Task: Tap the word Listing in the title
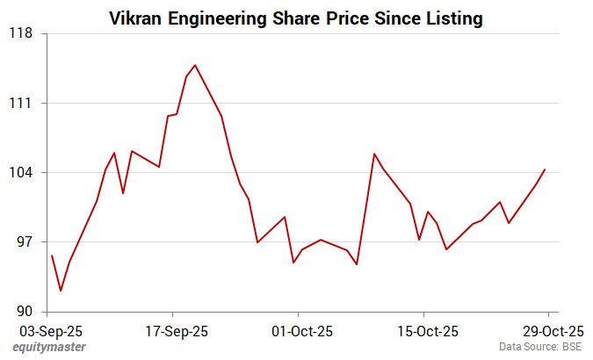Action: (452, 18)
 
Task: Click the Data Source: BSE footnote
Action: (540, 348)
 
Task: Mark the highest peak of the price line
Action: (195, 65)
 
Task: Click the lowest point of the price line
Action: (61, 291)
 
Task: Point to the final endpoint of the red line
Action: (545, 169)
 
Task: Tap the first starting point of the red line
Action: (52, 256)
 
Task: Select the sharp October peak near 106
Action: (374, 154)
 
